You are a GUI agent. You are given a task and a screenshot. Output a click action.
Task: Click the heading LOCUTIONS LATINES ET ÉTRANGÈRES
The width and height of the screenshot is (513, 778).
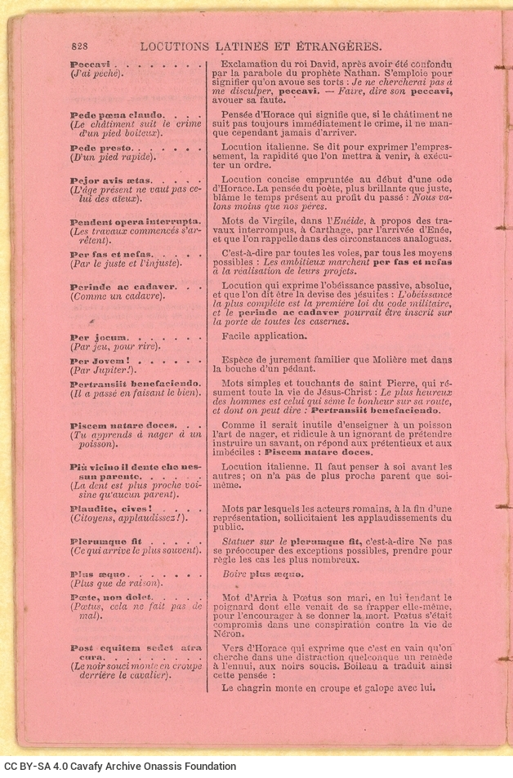click(261, 47)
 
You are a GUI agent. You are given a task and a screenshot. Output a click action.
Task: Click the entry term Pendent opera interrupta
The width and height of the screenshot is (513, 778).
click(135, 221)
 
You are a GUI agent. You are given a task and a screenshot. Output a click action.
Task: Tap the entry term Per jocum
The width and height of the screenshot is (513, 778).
click(93, 336)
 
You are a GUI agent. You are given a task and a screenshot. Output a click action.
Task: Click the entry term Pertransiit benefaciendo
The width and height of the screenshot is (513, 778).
click(135, 383)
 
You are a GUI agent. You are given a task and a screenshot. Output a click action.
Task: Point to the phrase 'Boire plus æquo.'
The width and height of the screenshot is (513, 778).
click(263, 574)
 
